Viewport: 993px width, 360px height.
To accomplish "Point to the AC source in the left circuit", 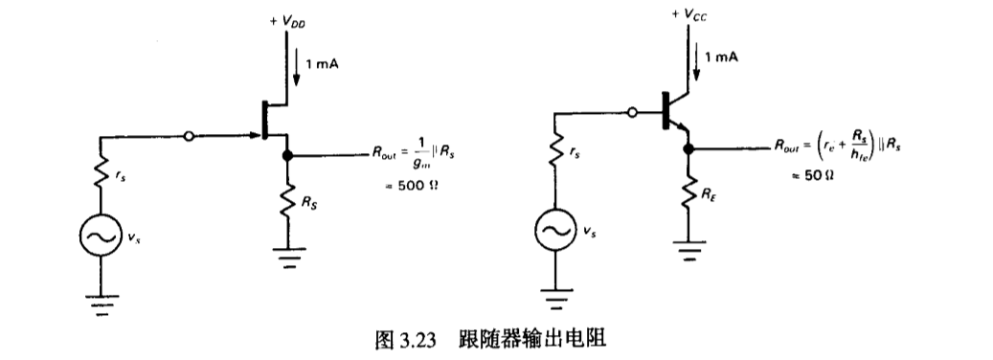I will (99, 235).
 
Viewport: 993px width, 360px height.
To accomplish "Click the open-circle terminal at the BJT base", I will (632, 113).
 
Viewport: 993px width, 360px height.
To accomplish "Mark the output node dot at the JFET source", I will (286, 154).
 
